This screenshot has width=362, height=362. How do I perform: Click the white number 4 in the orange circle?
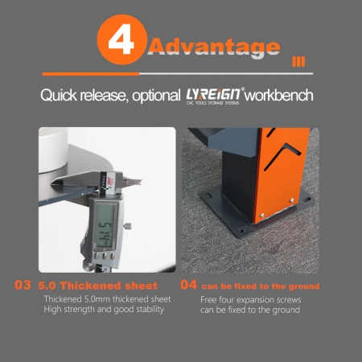click(x=121, y=39)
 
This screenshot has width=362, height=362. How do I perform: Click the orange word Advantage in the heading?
click(x=214, y=47)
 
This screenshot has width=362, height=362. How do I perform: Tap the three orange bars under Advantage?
click(x=298, y=62)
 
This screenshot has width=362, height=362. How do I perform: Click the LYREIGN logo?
click(x=215, y=96)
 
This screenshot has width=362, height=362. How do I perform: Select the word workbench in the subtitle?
click(x=279, y=95)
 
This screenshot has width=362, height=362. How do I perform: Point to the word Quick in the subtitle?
click(x=59, y=95)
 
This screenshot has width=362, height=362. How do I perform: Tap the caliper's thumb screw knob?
click(x=128, y=226)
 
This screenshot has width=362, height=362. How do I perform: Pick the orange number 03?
click(x=23, y=285)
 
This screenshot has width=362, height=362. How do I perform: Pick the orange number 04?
click(x=189, y=285)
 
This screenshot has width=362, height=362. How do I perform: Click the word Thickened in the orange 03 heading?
click(x=90, y=286)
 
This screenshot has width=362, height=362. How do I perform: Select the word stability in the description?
click(x=150, y=310)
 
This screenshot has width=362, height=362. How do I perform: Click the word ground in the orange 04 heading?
click(x=304, y=287)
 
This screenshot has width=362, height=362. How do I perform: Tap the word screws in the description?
click(x=287, y=299)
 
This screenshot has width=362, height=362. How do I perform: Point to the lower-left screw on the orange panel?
click(x=262, y=216)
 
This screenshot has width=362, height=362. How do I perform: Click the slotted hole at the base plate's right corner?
click(x=306, y=200)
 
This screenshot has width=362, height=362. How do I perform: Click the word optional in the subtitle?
click(x=156, y=96)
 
